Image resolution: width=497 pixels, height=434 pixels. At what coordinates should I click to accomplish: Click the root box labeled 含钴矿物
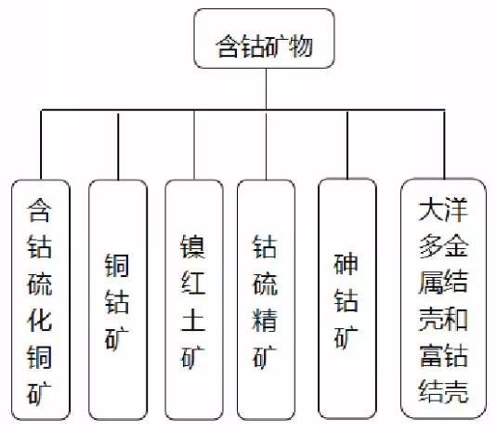point(264,38)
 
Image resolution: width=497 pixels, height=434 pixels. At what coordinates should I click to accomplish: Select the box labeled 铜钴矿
point(118,300)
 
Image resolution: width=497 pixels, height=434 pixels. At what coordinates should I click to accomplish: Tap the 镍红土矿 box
point(194,300)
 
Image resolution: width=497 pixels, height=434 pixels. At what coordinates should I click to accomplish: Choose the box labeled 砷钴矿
point(347,298)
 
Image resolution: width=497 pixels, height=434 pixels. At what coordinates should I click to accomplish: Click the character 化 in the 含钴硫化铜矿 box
point(40,321)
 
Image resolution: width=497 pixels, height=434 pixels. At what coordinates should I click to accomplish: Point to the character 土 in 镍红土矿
point(193,321)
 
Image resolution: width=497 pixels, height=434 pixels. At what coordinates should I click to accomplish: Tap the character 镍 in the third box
point(193,247)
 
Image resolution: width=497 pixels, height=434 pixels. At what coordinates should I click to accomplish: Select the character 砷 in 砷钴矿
point(347,265)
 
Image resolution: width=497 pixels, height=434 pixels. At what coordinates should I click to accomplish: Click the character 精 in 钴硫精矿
point(265,321)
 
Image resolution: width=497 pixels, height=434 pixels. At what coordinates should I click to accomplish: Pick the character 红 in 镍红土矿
point(193,283)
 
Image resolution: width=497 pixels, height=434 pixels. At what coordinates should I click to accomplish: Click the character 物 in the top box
point(300,46)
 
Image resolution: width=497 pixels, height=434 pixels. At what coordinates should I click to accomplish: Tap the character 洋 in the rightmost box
point(456,209)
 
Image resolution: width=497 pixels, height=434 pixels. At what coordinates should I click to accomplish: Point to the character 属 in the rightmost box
point(431,283)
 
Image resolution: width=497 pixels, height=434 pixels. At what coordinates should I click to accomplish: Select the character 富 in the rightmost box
point(431,356)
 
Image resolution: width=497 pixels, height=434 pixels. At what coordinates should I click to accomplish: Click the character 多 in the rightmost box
point(431,245)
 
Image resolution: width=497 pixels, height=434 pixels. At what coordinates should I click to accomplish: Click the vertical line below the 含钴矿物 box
point(266,89)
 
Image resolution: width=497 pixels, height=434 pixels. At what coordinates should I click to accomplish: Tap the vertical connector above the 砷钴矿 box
point(347,145)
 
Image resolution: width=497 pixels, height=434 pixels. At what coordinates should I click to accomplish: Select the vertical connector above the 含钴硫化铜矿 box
point(41,145)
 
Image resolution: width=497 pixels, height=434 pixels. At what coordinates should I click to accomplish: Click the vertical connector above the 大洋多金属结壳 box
point(444,145)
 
